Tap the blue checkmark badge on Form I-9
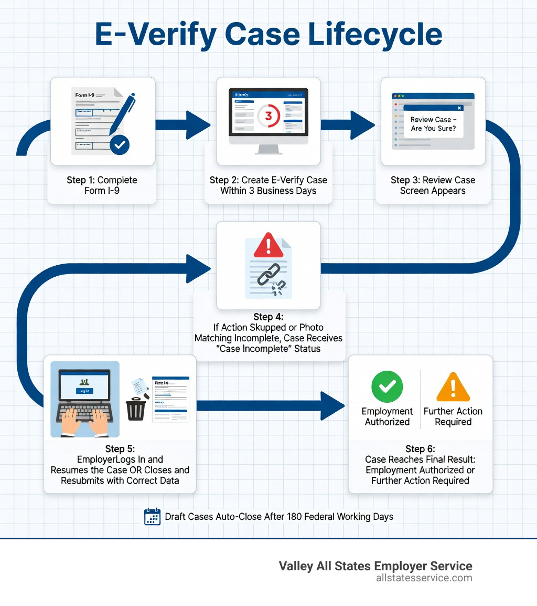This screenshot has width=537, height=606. click(x=120, y=144)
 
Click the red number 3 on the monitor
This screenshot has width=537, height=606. click(x=269, y=116)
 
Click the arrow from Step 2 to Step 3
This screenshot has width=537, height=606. click(x=349, y=124)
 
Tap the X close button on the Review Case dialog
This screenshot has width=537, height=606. click(x=459, y=108)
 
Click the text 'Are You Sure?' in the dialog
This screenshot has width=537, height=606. click(x=433, y=128)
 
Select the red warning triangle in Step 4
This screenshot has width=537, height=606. click(x=268, y=245)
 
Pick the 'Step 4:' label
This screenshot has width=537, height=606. click(x=268, y=317)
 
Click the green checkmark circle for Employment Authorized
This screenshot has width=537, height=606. click(x=387, y=386)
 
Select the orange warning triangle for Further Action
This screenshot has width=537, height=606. click(x=453, y=387)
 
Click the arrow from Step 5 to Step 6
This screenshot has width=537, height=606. click(x=270, y=405)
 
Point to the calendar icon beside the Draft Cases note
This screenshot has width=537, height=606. click(x=152, y=517)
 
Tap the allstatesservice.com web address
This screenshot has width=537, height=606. click(x=424, y=578)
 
